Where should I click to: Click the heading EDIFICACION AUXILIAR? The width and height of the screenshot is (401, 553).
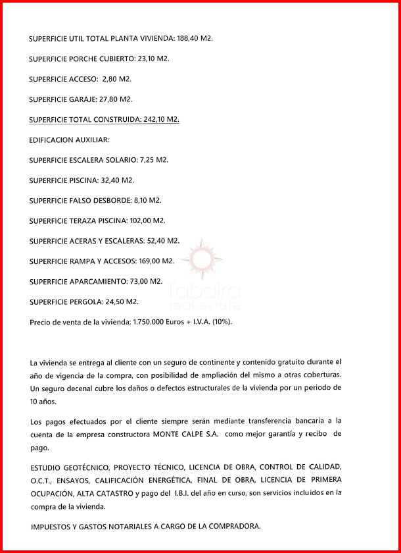coord(69,140)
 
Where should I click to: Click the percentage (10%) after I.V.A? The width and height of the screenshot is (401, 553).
coord(221,323)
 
